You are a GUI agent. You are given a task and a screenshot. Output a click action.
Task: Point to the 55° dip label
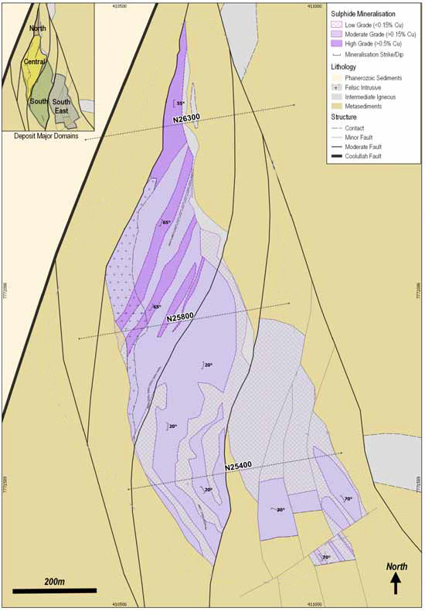pyautogui.click(x=180, y=103)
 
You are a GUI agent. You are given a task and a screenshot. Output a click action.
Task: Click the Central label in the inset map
pyautogui.click(x=35, y=61)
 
